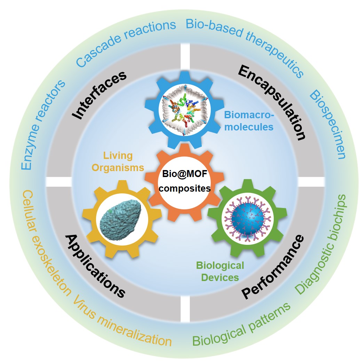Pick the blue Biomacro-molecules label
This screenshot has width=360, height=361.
pyautogui.click(x=249, y=120)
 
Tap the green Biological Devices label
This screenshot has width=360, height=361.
pyautogui.click(x=220, y=271)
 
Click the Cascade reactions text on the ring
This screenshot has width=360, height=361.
pyautogui.click(x=126, y=43)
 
